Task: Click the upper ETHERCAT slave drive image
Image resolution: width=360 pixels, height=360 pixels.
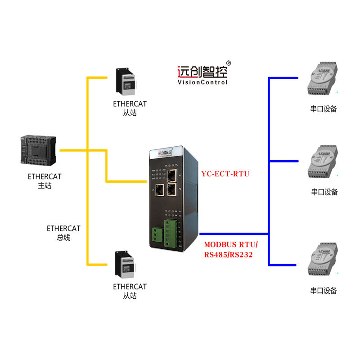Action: click(x=127, y=82)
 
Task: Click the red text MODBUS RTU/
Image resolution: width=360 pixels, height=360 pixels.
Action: click(x=230, y=245)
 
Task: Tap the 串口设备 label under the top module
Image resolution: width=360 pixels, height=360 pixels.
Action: click(x=324, y=109)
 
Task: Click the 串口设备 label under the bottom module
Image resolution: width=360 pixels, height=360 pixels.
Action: click(x=324, y=291)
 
